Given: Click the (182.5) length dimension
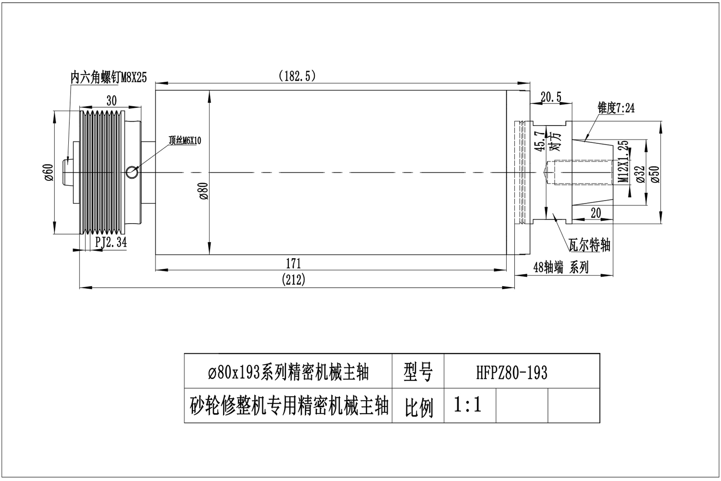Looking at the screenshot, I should coord(297,76).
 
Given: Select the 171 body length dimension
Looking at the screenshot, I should coord(293,264).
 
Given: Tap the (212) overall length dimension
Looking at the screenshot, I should coord(294,280).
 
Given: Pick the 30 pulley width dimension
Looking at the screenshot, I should coord(111,101).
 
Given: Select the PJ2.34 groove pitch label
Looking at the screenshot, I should coord(111,242).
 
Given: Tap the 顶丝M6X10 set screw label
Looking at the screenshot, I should coord(185,140).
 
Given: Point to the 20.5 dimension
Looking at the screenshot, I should coord(550,97).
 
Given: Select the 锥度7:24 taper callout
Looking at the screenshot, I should coord(616,108).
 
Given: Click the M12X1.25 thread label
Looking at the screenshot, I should coord(623,162).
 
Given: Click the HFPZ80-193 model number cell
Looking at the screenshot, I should coord(512,372).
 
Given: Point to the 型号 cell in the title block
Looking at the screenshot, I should coord(418,372).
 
